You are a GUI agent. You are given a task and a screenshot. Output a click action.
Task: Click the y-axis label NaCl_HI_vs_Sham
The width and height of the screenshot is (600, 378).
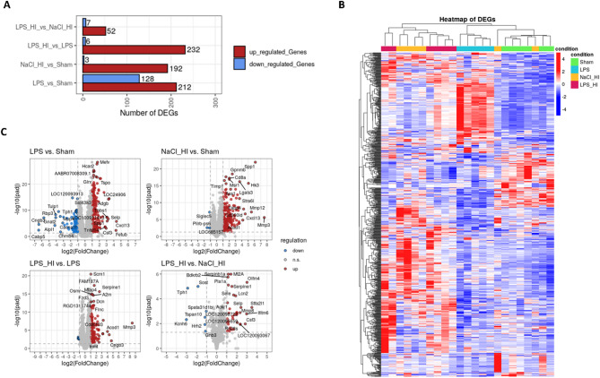48,65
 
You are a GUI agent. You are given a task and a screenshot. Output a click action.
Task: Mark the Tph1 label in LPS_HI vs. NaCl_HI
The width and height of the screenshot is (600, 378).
182,292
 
